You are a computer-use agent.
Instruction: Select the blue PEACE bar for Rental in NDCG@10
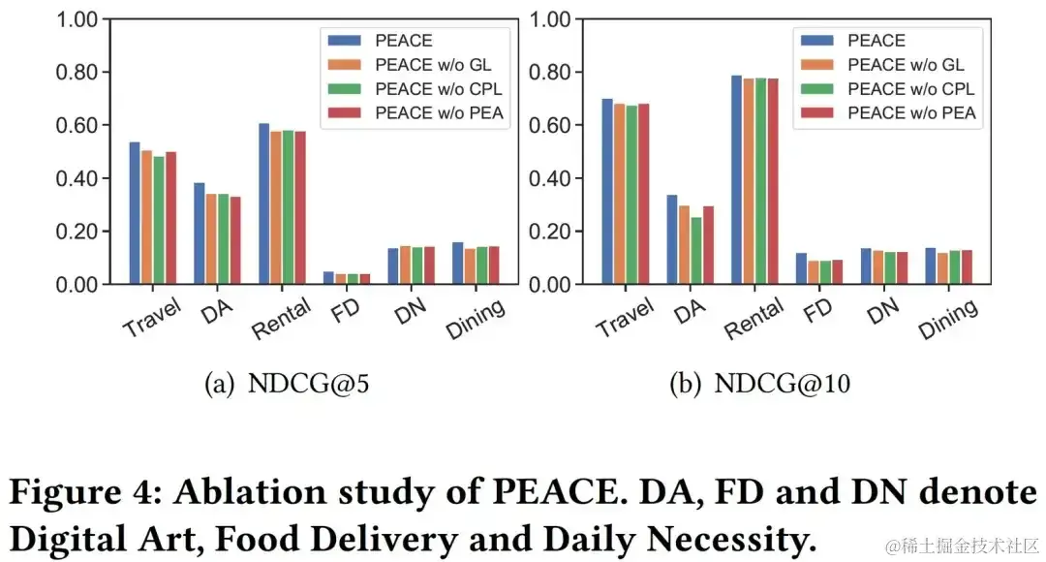[x=736, y=180]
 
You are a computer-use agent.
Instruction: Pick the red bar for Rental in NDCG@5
[x=300, y=207]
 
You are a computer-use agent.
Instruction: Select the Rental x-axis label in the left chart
[x=282, y=318]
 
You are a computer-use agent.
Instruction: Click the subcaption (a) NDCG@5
[x=287, y=385]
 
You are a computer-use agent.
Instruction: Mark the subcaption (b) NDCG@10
[x=760, y=385]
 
